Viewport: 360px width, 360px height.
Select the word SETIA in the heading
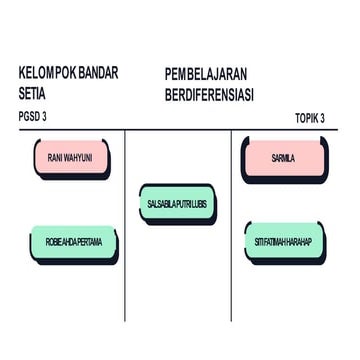click(33, 93)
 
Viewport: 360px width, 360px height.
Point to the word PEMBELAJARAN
click(205, 74)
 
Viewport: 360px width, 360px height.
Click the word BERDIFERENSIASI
click(208, 94)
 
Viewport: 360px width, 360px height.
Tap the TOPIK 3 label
click(310, 117)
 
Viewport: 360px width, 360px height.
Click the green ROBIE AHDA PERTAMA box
click(73, 241)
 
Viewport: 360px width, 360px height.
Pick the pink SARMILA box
click(283, 157)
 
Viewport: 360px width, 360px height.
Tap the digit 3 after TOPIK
click(323, 117)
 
